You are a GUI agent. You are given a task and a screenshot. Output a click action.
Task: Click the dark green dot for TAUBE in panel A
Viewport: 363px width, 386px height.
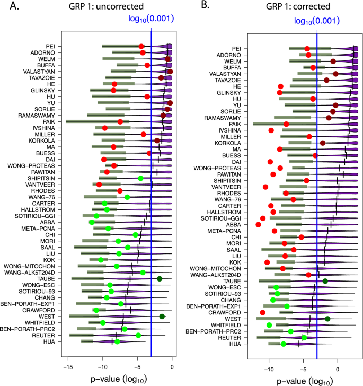point(159,278)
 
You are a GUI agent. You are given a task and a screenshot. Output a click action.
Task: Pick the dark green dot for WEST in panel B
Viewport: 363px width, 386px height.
point(327,319)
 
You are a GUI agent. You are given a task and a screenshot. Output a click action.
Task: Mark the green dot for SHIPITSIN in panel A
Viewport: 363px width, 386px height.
point(140,178)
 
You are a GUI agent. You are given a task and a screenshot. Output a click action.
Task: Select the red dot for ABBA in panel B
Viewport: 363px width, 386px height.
point(259,225)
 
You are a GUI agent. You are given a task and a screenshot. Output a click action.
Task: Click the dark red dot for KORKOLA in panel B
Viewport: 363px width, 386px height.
point(323,143)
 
